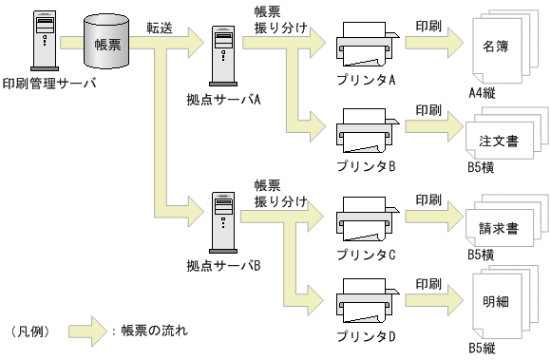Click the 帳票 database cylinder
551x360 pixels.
pyautogui.click(x=106, y=42)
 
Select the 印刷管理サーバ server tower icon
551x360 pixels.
pyautogui.click(x=45, y=41)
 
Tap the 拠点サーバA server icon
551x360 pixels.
pyautogui.click(x=223, y=56)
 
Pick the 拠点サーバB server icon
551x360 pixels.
pyautogui.click(x=223, y=222)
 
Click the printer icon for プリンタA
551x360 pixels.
pyautogui.click(x=368, y=45)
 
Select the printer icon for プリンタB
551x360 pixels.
pyautogui.click(x=368, y=131)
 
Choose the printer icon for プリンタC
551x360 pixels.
pyautogui.click(x=368, y=219)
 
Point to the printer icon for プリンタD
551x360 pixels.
pyautogui.click(x=368, y=301)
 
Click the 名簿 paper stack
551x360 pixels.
pyautogui.click(x=505, y=47)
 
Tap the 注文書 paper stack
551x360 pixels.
pyautogui.click(x=507, y=134)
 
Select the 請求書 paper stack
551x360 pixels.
pyautogui.click(x=507, y=220)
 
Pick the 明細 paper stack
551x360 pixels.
pyautogui.click(x=505, y=302)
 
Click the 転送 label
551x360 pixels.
pyautogui.click(x=160, y=28)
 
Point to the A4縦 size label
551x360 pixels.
pyautogui.click(x=483, y=93)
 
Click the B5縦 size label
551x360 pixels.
pyautogui.click(x=483, y=348)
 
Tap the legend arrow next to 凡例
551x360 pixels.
pyautogui.click(x=87, y=332)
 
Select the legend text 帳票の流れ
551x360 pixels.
pyautogui.click(x=155, y=331)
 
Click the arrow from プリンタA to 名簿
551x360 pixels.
pyautogui.click(x=434, y=43)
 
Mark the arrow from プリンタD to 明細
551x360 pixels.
pyautogui.click(x=434, y=300)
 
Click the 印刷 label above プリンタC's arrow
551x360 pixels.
pyautogui.click(x=428, y=199)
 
